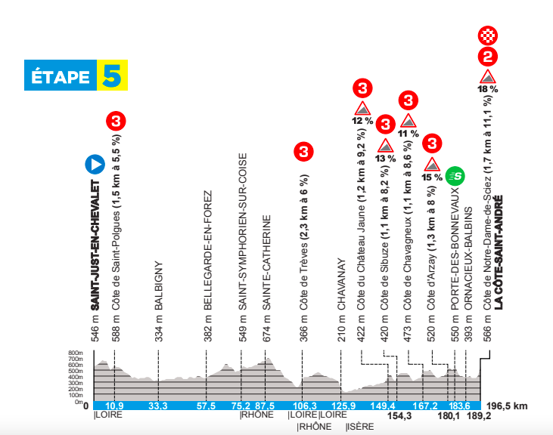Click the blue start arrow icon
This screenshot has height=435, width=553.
tap(95, 163)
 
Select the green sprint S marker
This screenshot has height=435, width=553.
tap(455, 177)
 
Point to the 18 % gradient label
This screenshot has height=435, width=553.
tap(488, 89)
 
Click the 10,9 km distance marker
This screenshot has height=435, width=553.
tap(114, 406)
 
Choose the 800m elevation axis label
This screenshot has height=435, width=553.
tap(75, 353)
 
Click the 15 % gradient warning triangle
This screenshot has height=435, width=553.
tap(432, 165)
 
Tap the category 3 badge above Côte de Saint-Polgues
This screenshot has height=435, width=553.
tap(115, 120)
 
